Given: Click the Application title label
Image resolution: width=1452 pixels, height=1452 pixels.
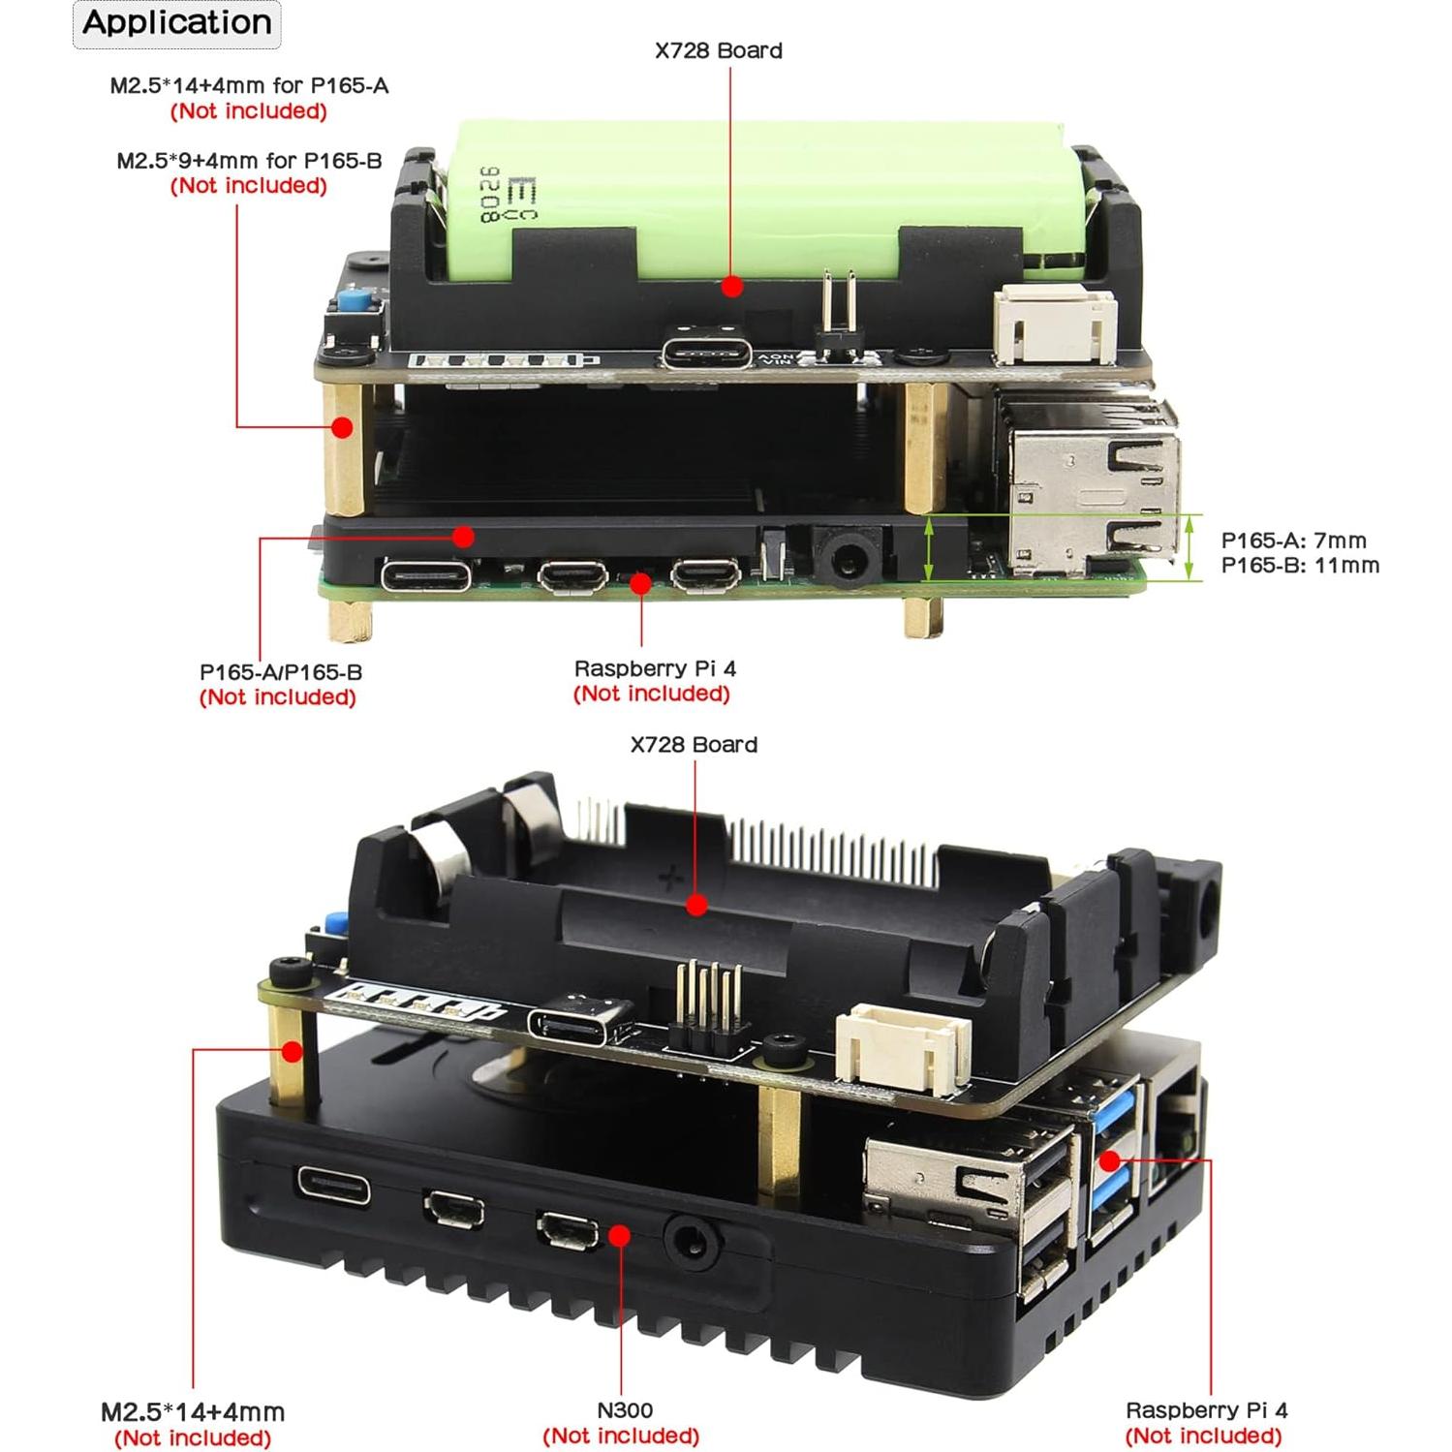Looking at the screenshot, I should (176, 23).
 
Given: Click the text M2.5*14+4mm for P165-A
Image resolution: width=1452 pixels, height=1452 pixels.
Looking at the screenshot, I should (249, 85).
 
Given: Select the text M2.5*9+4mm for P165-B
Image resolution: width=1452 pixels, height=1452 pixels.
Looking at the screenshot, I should (249, 161).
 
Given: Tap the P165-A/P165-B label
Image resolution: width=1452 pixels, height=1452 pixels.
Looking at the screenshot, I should (281, 671).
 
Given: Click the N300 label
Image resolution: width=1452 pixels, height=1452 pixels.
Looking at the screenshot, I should (624, 1410).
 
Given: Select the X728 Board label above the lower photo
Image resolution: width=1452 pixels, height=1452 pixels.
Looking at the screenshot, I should (694, 744).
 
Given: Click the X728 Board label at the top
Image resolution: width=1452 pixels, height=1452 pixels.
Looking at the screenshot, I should (718, 50).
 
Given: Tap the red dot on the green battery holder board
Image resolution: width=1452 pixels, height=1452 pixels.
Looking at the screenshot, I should (732, 286).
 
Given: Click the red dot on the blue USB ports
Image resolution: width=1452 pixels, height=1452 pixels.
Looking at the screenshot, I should (1110, 1160).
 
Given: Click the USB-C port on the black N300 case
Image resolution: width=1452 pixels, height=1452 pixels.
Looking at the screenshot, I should (333, 1186).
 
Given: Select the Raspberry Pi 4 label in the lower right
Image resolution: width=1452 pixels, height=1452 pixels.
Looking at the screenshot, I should (1206, 1410).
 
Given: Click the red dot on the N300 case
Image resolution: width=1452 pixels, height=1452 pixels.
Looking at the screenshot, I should (620, 1235).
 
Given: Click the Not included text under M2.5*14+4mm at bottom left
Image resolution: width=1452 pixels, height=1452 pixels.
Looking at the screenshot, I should (193, 1437).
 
